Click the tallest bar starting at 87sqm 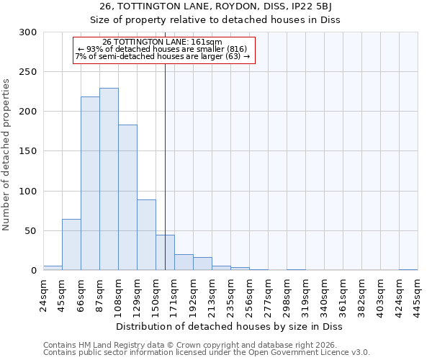point(109,179)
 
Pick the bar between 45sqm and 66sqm point(71,245)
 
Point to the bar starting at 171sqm point(184,263)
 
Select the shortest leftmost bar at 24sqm point(53,268)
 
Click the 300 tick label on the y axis point(28,32)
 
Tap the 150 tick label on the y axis point(28,151)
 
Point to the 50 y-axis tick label point(31,231)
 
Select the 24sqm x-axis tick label point(43,295)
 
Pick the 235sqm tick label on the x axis point(230,295)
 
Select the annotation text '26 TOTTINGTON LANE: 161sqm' point(162,42)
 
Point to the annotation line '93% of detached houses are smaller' point(162,49)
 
